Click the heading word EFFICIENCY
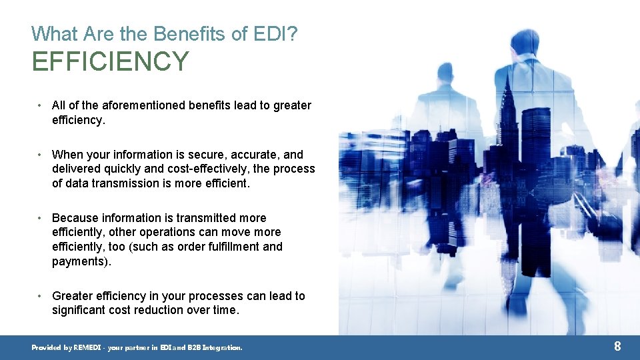(110, 61)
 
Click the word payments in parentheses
(79, 261)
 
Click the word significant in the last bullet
(80, 310)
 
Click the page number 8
(617, 346)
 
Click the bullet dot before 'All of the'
(41, 105)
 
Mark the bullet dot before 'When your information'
(41, 155)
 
